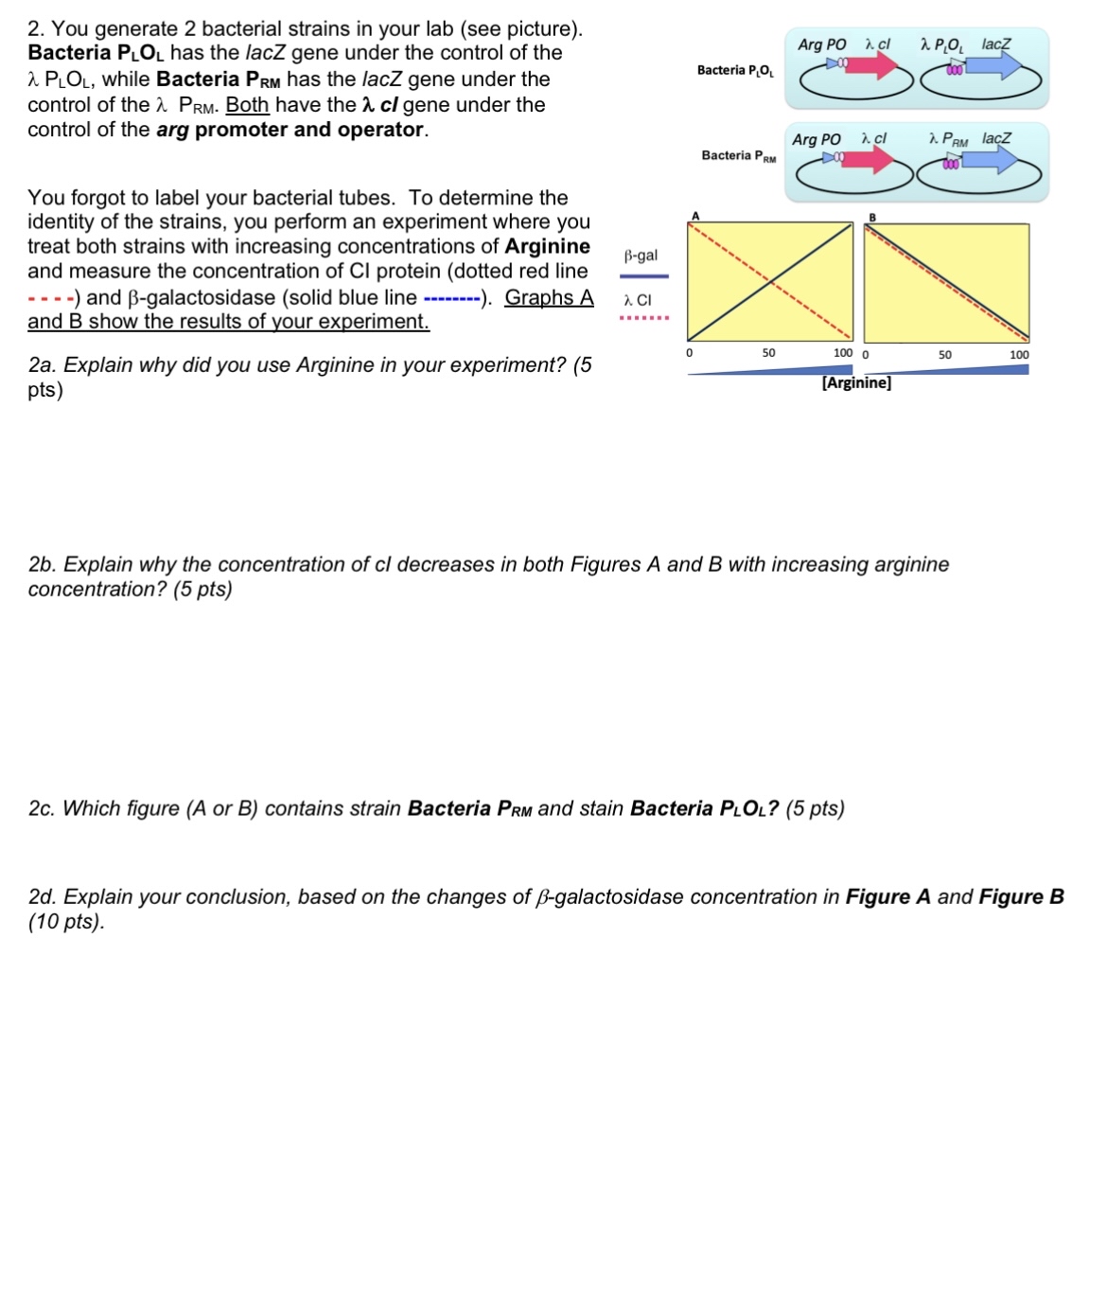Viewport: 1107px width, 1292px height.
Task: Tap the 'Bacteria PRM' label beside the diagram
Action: pos(738,156)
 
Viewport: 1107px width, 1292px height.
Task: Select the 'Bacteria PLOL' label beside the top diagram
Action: pos(735,71)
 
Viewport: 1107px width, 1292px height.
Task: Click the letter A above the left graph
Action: pos(695,217)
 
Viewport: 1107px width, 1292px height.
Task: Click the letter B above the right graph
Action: pos(872,218)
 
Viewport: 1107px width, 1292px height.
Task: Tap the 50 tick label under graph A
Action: pos(768,353)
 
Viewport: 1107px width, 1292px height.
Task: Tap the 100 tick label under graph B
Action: pos(1018,355)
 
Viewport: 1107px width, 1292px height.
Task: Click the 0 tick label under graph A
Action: pos(689,353)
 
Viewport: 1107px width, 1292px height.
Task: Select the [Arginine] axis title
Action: pos(856,382)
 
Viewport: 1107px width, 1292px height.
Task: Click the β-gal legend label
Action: pos(641,256)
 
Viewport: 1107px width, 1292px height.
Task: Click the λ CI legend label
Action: pos(638,300)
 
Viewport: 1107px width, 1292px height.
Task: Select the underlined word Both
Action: pos(247,104)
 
